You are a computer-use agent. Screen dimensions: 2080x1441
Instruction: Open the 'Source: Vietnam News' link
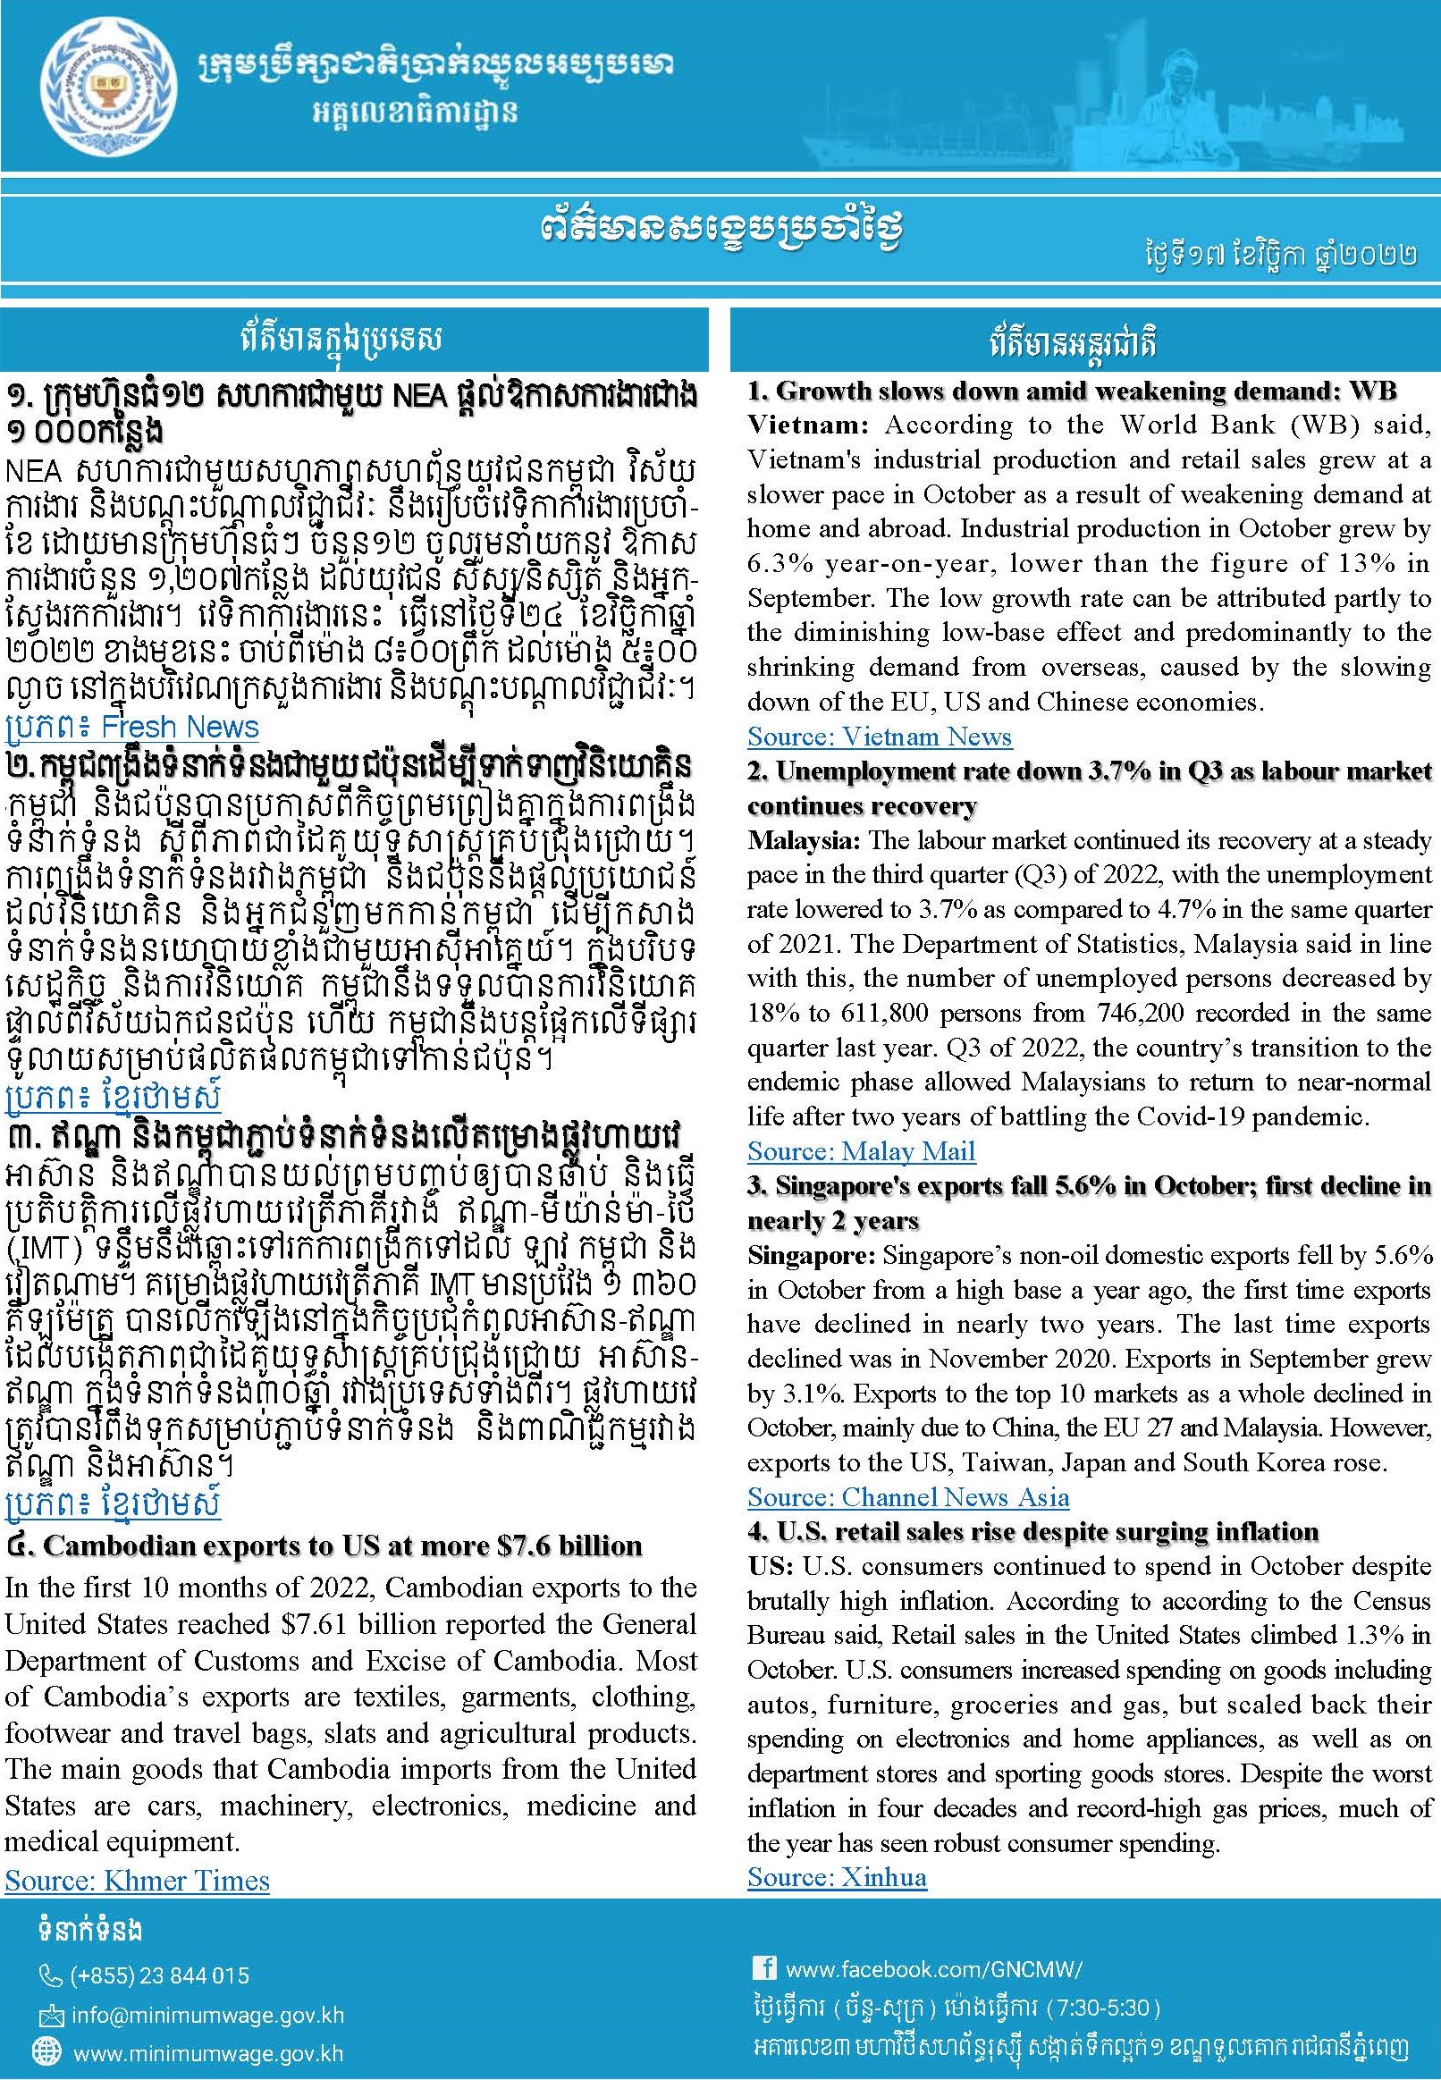coord(879,737)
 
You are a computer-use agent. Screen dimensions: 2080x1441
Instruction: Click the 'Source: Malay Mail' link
coord(861,1151)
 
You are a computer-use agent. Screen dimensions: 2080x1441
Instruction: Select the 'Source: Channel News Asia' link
coord(907,1497)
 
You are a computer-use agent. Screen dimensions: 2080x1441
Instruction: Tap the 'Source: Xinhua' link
coord(836,1877)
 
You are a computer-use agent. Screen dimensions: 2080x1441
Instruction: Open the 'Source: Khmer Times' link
coord(138,1880)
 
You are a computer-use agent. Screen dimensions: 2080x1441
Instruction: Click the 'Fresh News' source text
coord(180,727)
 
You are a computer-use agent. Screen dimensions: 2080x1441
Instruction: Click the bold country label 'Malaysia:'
coord(804,840)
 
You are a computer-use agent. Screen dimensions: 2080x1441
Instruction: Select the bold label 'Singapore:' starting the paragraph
coord(811,1255)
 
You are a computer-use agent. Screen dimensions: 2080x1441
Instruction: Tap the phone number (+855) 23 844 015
coord(159,1975)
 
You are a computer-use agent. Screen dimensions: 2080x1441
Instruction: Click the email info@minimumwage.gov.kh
coord(207,2015)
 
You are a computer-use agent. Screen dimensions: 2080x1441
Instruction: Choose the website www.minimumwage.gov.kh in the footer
coord(207,2054)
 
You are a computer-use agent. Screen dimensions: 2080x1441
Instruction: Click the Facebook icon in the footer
coord(763,1968)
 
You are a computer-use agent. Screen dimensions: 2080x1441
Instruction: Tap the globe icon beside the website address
coord(46,2053)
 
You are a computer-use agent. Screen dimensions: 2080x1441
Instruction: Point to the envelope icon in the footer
coord(49,2015)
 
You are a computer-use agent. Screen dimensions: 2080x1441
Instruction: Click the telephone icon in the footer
coord(51,1976)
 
